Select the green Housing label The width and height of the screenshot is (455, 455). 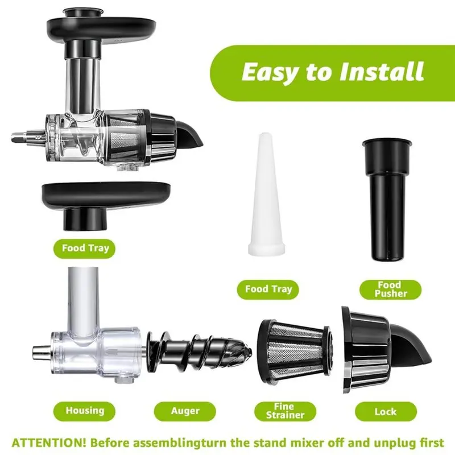click(x=84, y=411)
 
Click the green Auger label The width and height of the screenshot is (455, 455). click(x=185, y=411)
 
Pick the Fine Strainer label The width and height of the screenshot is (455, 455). click(x=286, y=411)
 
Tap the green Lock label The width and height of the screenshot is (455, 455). click(x=386, y=411)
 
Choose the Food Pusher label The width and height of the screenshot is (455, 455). click(x=391, y=289)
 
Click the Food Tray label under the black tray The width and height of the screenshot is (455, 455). click(x=84, y=249)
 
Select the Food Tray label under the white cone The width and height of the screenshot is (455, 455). click(x=268, y=289)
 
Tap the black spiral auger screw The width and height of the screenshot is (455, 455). click(x=198, y=352)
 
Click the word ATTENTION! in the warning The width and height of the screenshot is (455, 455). click(x=49, y=443)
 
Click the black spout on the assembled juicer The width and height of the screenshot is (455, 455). click(x=189, y=134)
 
